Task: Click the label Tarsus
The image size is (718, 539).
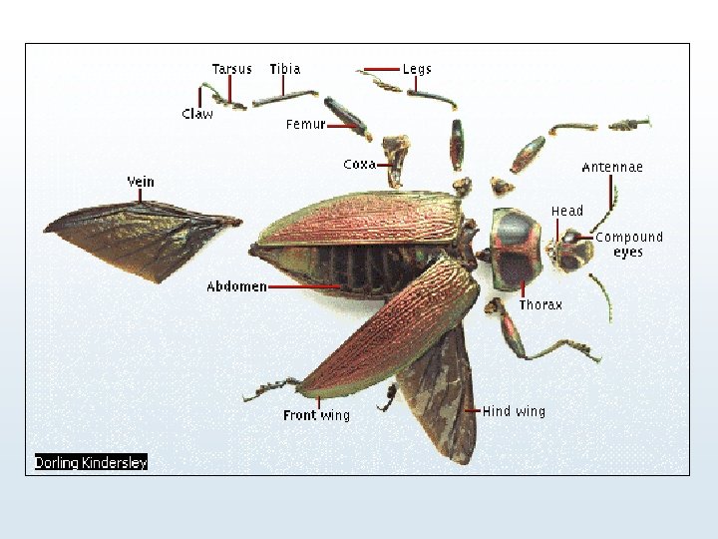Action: pyautogui.click(x=231, y=69)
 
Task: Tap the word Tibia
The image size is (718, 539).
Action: pyautogui.click(x=284, y=69)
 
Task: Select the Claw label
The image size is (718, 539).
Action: pyautogui.click(x=197, y=114)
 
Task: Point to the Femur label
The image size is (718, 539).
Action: pyautogui.click(x=306, y=125)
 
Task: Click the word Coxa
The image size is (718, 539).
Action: pyautogui.click(x=359, y=164)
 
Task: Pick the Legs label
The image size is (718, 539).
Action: pyautogui.click(x=417, y=69)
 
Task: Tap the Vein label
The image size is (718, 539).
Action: pyautogui.click(x=141, y=182)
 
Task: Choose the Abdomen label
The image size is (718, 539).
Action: pyautogui.click(x=236, y=286)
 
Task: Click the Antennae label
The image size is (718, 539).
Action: pyautogui.click(x=612, y=167)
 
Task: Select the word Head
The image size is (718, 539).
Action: pyautogui.click(x=567, y=211)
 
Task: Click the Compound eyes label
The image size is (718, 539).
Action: pyautogui.click(x=628, y=245)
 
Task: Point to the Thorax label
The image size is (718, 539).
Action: pyautogui.click(x=540, y=304)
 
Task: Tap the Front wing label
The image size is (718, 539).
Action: pyautogui.click(x=316, y=415)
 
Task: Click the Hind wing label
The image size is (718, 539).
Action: pyautogui.click(x=515, y=411)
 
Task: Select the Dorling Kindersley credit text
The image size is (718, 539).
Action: pyautogui.click(x=91, y=462)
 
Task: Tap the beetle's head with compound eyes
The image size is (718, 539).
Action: pyautogui.click(x=573, y=250)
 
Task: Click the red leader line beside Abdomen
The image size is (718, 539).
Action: pyautogui.click(x=304, y=286)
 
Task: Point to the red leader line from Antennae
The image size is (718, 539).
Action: pyautogui.click(x=611, y=192)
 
